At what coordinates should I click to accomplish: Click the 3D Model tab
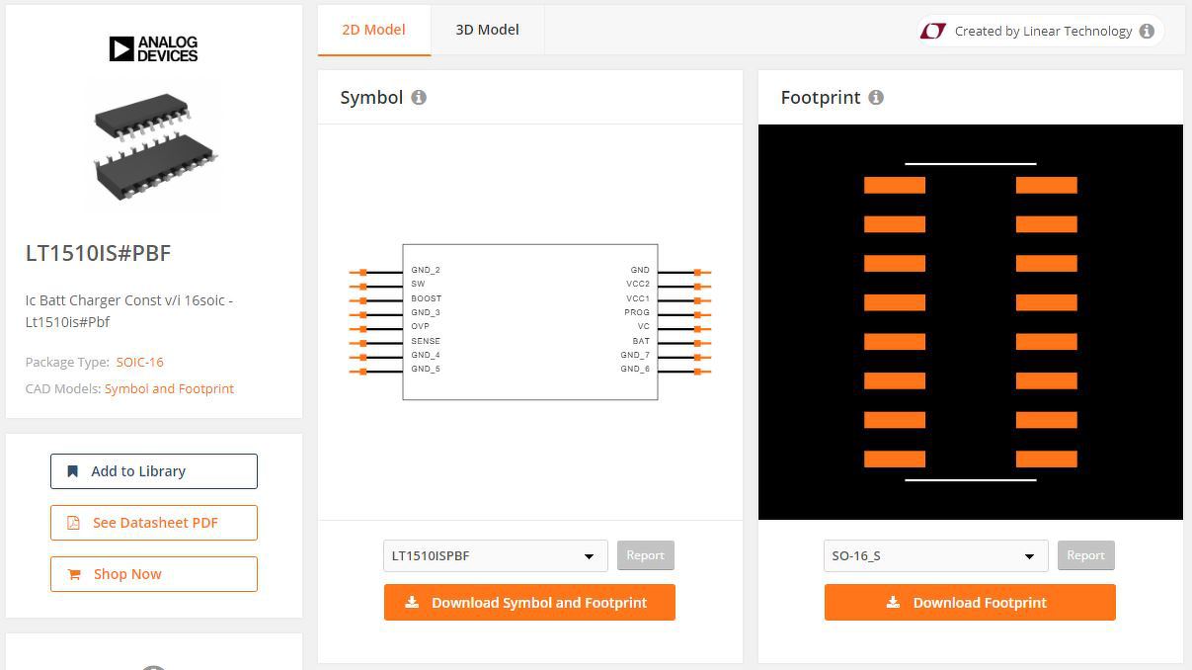(487, 30)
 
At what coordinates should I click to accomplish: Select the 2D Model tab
(373, 30)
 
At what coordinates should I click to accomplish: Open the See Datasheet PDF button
(154, 523)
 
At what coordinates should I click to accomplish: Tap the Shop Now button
(154, 574)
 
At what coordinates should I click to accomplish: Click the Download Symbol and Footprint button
(529, 603)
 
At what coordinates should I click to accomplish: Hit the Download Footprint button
(970, 603)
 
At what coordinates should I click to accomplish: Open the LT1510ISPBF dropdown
(496, 556)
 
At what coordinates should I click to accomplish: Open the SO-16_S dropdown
(936, 556)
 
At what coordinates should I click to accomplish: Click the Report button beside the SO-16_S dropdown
(1086, 555)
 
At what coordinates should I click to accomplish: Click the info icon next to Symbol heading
(419, 98)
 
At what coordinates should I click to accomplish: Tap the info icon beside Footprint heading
(876, 98)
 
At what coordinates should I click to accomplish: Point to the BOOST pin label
(427, 298)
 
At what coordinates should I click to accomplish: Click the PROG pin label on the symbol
(637, 312)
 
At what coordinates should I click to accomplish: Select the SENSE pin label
(426, 341)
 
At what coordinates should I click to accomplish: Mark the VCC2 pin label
(638, 284)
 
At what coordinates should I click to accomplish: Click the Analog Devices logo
(153, 49)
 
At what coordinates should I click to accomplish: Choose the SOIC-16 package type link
(140, 362)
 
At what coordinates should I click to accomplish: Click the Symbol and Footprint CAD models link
(169, 388)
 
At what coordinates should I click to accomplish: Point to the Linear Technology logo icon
(933, 31)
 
